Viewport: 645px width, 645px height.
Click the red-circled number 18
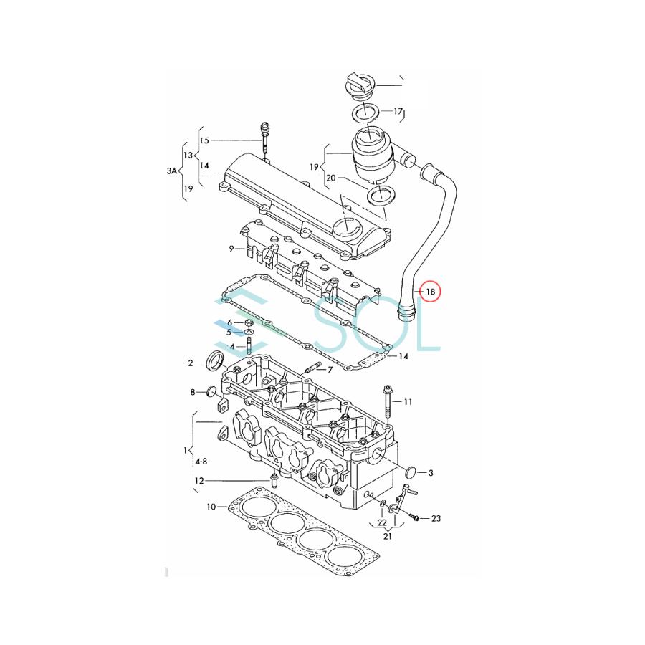pos(430,292)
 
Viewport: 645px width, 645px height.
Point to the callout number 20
pos(330,178)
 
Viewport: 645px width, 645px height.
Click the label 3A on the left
pos(171,171)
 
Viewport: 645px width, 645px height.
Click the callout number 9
pos(231,249)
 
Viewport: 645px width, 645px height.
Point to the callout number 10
pos(211,507)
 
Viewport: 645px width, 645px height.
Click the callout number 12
pos(199,480)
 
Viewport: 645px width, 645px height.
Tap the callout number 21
pos(388,536)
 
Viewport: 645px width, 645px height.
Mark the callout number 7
pos(330,370)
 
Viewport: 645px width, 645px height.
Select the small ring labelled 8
pos(211,391)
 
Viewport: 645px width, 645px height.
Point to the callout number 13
pos(188,156)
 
